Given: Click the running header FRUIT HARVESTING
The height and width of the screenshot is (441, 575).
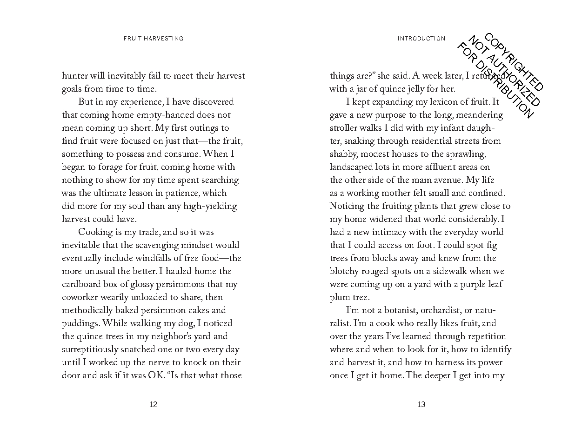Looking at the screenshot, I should click(x=154, y=39).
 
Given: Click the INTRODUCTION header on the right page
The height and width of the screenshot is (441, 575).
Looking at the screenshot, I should click(x=421, y=39).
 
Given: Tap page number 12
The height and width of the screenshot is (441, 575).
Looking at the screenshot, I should click(x=154, y=404).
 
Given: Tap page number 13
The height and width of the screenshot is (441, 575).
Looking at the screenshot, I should click(x=421, y=404).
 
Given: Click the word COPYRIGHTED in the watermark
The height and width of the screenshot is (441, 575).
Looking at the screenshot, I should click(x=514, y=62).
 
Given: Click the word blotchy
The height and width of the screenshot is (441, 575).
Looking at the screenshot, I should click(x=345, y=271).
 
